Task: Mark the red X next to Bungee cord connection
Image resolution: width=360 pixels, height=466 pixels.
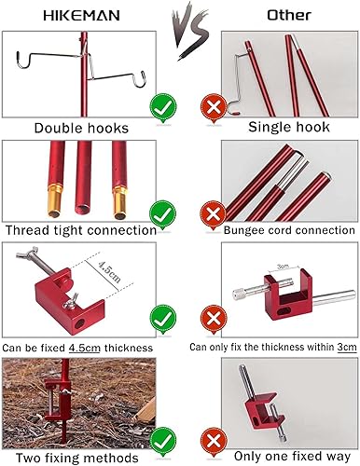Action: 212,214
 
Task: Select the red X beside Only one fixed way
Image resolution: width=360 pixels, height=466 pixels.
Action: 212,438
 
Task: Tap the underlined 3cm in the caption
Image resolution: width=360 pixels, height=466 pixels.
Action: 348,347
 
